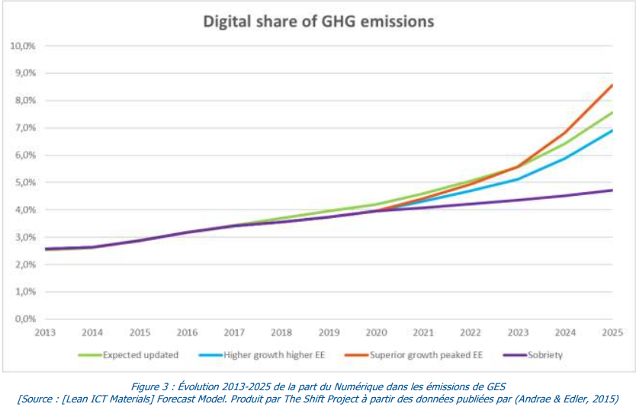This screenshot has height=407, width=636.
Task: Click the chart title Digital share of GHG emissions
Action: (x=318, y=21)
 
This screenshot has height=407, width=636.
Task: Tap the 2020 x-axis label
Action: (x=376, y=332)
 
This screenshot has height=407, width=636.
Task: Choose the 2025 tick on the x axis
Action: (x=612, y=332)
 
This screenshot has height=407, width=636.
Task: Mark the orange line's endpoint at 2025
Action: (x=612, y=85)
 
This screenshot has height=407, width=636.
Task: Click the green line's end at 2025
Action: (x=612, y=113)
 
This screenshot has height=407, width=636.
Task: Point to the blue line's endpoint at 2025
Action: (x=612, y=130)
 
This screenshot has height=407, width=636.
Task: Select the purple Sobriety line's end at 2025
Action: (x=612, y=191)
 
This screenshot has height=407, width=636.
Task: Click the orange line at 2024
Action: (x=565, y=133)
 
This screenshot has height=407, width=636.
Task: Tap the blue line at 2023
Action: (x=518, y=179)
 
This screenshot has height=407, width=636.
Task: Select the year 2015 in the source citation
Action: (x=602, y=398)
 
